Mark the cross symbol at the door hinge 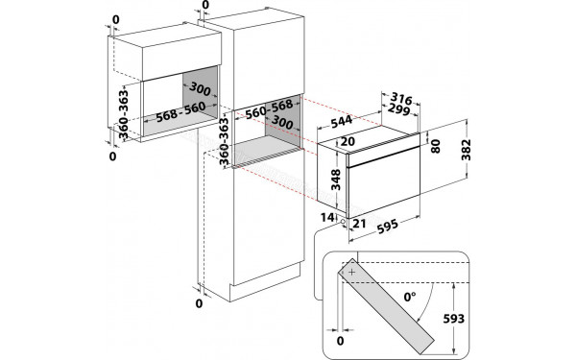[x=352, y=273]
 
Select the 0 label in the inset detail [x=339, y=340]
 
